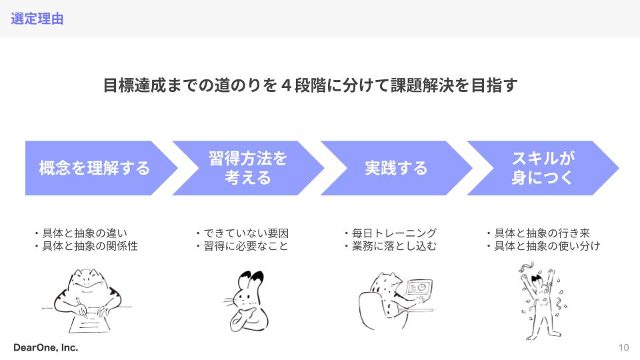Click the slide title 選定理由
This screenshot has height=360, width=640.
point(37,19)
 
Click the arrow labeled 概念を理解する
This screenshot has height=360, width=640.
point(94,168)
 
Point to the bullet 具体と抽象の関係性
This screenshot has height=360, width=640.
point(89,246)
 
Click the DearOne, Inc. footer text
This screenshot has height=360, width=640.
point(45,347)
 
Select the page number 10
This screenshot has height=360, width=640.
point(623,347)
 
